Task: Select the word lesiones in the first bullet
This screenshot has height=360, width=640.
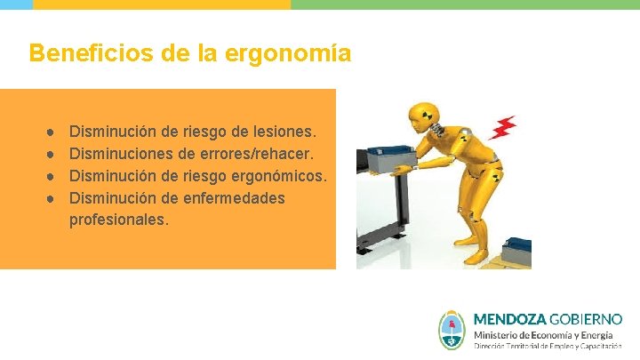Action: pos(284,132)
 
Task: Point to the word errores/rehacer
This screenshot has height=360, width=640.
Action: pos(259,154)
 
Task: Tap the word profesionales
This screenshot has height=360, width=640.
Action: pos(118,219)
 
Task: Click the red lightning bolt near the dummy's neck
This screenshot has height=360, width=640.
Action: pos(505,128)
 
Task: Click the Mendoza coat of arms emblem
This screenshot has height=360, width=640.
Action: pos(453,330)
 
